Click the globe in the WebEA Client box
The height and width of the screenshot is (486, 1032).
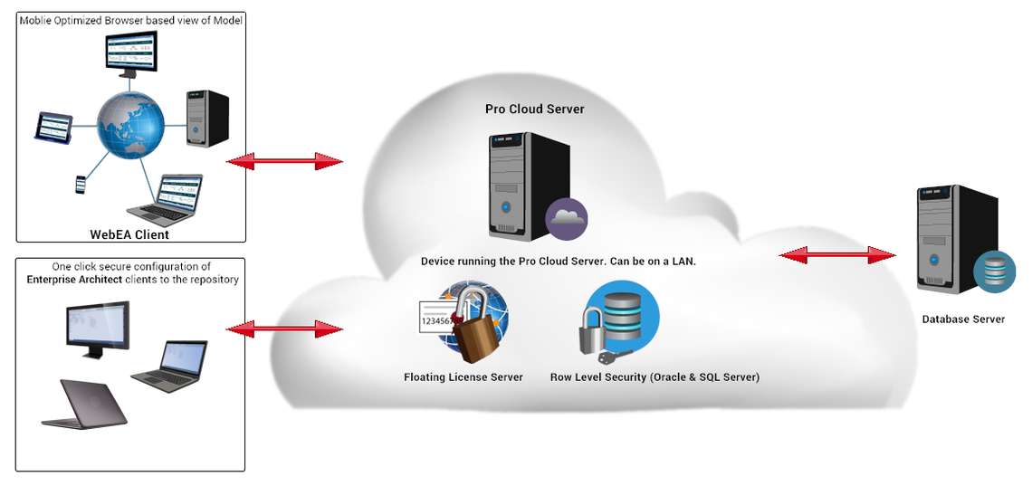[130, 125]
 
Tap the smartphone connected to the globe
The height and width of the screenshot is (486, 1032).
[81, 184]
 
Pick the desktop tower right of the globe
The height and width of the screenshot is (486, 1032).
[207, 119]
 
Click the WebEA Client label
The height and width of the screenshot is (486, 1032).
[129, 234]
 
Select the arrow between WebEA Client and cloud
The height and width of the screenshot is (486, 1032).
[284, 161]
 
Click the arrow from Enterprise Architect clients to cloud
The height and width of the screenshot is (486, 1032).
[284, 329]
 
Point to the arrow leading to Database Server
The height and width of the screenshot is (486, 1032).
[838, 255]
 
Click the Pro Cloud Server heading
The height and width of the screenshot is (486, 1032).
[534, 110]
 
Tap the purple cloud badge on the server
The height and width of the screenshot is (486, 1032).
[566, 219]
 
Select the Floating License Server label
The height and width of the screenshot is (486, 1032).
[463, 377]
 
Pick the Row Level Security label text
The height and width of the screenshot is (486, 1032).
[655, 377]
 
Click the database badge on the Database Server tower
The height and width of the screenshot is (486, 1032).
[995, 272]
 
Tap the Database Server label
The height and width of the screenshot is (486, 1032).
[963, 319]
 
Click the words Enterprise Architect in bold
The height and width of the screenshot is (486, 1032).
[74, 280]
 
